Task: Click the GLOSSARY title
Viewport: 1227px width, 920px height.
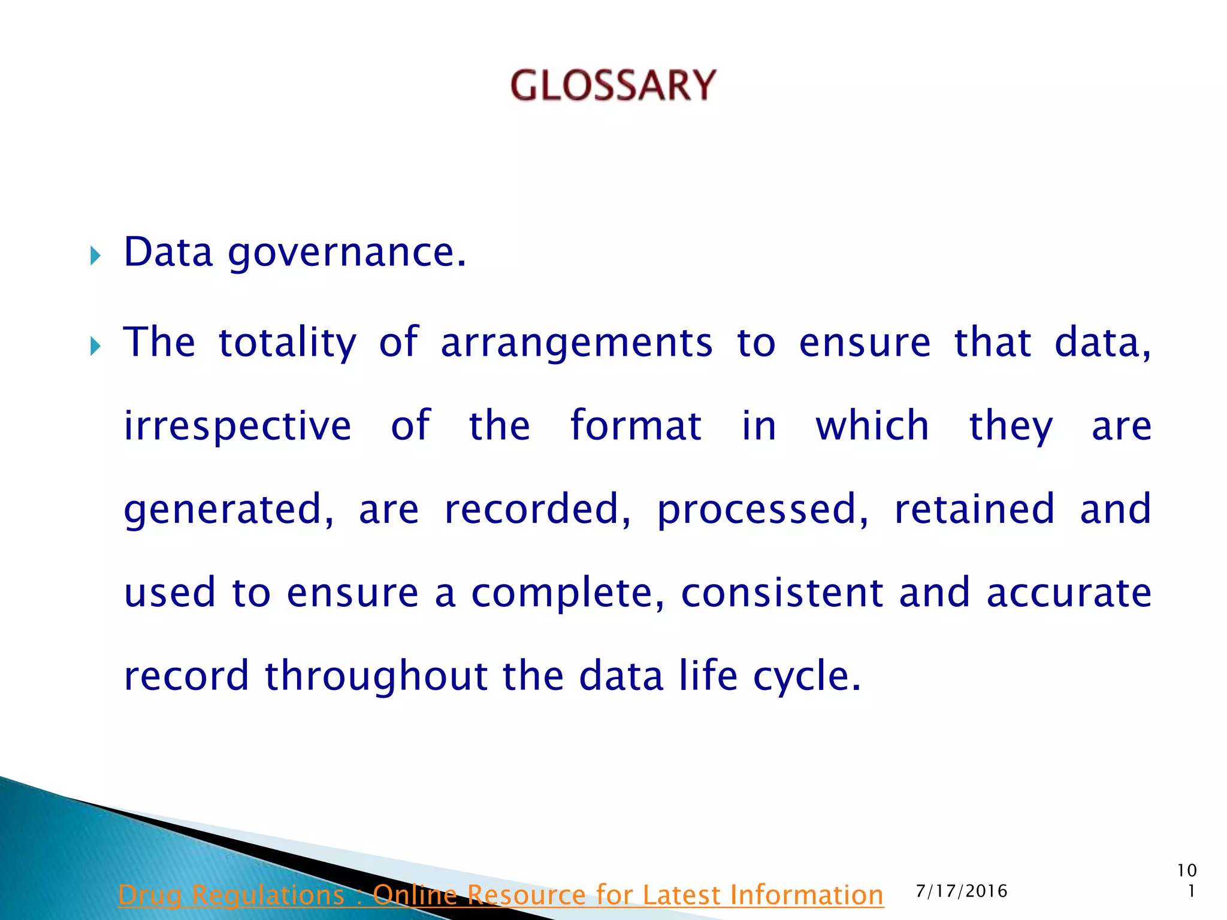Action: [x=613, y=85]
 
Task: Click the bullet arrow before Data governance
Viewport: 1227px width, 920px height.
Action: [x=95, y=256]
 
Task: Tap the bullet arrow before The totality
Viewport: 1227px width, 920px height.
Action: [x=95, y=346]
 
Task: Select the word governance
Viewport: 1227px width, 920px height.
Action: [x=346, y=254]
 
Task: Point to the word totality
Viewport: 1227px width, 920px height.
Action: [x=288, y=343]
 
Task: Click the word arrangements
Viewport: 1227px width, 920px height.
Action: [x=576, y=343]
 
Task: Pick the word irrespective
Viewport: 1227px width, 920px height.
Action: [x=237, y=426]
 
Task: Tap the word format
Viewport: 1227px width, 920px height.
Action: [x=636, y=425]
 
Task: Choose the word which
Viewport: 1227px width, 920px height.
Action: [x=872, y=425]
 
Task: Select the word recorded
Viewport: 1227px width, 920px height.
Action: [x=537, y=509]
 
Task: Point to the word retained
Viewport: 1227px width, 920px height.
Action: [x=974, y=509]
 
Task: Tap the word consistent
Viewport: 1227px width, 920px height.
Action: [x=782, y=592]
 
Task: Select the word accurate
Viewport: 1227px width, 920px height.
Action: [x=1069, y=592]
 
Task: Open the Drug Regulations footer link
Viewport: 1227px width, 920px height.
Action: [x=501, y=895]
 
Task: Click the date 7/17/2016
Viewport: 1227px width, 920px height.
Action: [x=962, y=891]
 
